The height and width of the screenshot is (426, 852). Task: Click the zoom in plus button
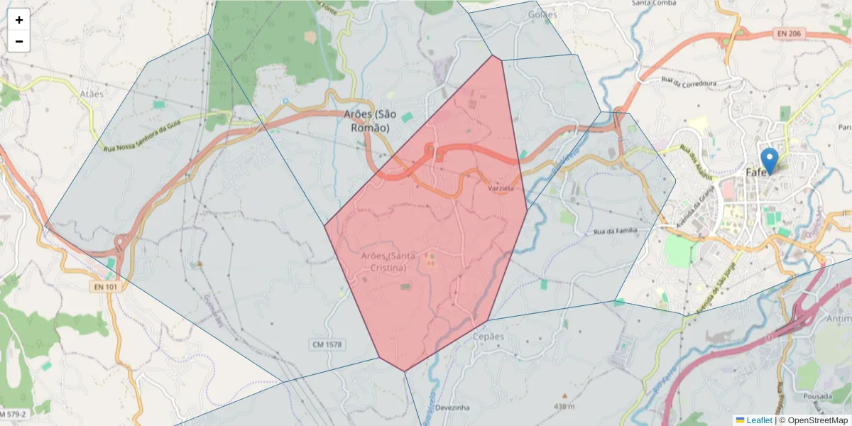(19, 20)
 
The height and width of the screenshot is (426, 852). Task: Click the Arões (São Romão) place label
(370, 121)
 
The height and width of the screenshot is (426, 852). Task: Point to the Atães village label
(92, 93)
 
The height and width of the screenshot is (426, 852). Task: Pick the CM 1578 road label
(327, 344)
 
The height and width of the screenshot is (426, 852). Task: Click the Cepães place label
(488, 336)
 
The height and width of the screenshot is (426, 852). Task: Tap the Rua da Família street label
(616, 231)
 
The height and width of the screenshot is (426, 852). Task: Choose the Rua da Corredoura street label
(687, 83)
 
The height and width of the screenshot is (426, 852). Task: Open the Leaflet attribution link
(759, 420)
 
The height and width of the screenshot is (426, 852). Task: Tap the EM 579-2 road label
(14, 414)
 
